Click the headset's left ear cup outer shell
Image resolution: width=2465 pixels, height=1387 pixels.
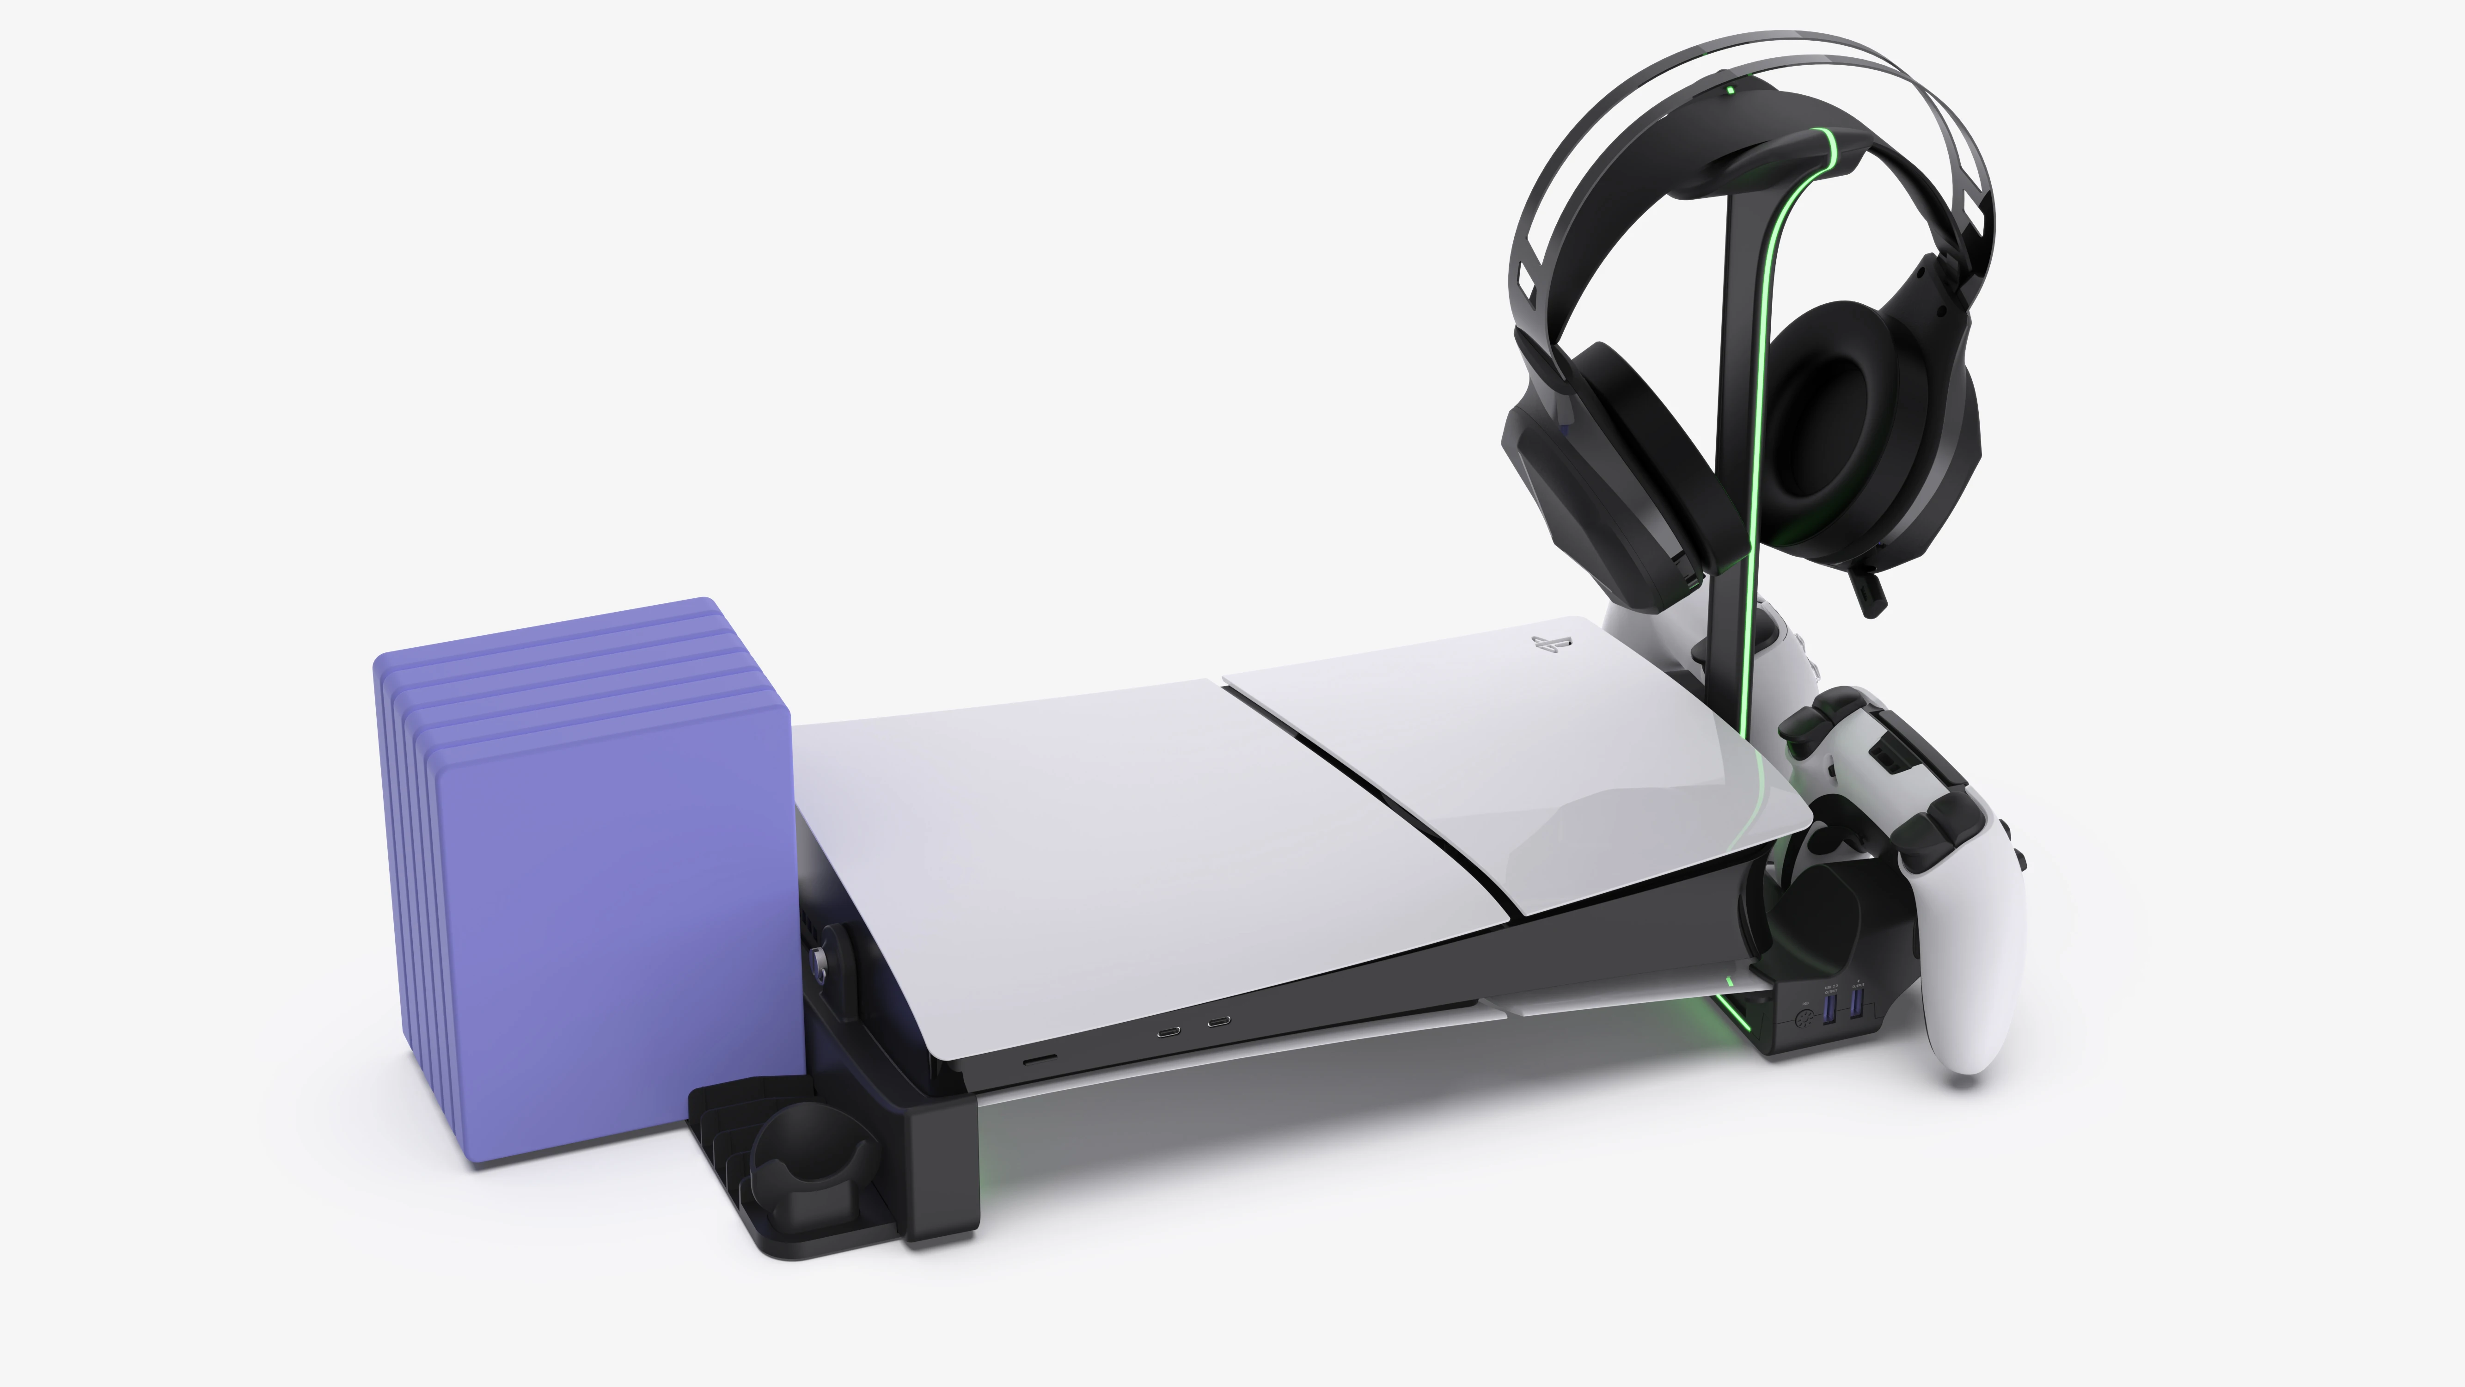point(1569,479)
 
